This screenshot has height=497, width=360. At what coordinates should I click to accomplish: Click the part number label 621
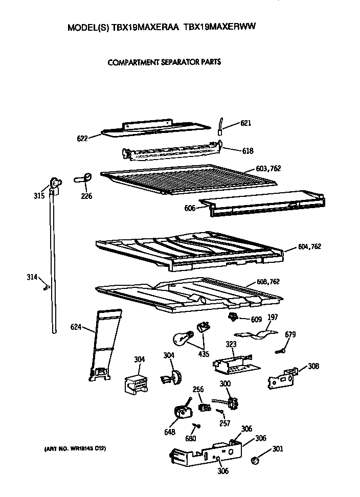click(x=246, y=123)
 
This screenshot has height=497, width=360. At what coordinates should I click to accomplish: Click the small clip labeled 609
click(x=234, y=318)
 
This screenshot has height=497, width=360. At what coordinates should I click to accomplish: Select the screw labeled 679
click(x=281, y=350)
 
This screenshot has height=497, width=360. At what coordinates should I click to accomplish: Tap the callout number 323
click(x=231, y=345)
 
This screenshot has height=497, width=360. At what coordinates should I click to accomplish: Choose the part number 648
click(x=170, y=432)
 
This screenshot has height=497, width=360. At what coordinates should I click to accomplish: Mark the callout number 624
click(x=76, y=326)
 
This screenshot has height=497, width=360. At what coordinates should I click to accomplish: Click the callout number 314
click(x=32, y=277)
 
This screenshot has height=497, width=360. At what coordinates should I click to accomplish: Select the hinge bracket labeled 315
click(x=55, y=185)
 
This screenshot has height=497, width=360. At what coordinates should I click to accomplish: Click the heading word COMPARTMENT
click(x=133, y=63)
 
